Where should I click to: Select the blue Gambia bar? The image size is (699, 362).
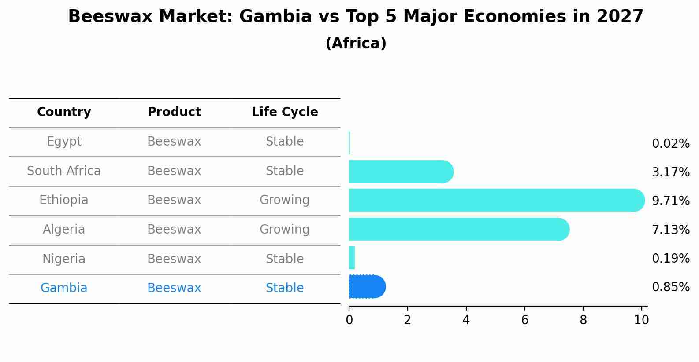(x=367, y=287)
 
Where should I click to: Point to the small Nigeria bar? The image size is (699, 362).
(x=352, y=258)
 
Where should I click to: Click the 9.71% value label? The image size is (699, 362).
(x=670, y=201)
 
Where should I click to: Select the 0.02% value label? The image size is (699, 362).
(x=670, y=144)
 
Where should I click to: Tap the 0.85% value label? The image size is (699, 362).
(x=670, y=287)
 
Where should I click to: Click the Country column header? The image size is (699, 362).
(x=64, y=112)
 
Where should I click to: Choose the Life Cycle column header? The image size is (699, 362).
(x=285, y=112)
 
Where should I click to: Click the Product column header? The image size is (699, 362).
(x=174, y=112)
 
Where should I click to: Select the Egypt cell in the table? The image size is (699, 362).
(x=64, y=142)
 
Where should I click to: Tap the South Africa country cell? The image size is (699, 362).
(x=64, y=171)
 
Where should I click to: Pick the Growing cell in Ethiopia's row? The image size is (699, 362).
(x=284, y=200)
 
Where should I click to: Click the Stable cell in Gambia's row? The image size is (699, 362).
(x=284, y=288)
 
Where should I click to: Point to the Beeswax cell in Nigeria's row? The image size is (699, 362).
(x=174, y=259)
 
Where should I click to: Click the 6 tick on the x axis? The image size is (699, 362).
(x=524, y=320)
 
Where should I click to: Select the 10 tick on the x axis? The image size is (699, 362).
(x=641, y=320)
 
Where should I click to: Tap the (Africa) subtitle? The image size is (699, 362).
(x=356, y=44)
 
